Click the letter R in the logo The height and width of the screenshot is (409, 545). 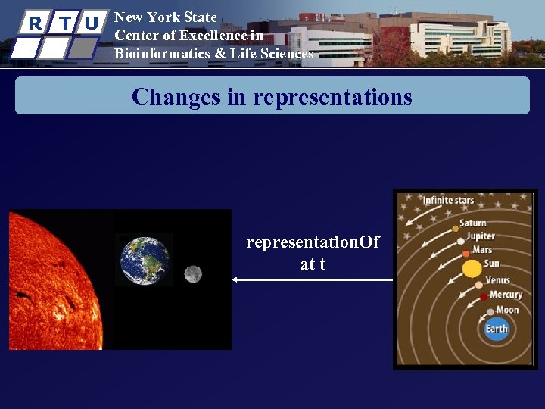pos(34,23)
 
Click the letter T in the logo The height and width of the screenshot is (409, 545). pos(64,23)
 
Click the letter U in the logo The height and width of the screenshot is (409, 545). pos(92,23)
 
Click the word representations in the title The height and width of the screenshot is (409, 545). pos(332,97)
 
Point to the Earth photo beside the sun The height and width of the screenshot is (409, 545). pos(145,260)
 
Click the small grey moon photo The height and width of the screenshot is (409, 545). pos(193,273)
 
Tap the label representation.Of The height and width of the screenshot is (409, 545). pos(313,242)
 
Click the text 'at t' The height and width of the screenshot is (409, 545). pos(313,264)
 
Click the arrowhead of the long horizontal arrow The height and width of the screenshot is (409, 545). pos(235,280)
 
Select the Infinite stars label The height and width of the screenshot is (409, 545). pos(448,201)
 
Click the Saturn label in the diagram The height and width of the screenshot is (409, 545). pos(473,223)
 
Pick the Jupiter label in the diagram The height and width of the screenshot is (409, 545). pos(481,236)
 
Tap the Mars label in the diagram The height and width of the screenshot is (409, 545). pos(482,249)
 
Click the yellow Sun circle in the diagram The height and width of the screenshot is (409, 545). pos(472,268)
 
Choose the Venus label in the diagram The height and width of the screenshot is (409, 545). pos(497,281)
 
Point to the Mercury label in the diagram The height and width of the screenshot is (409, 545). pos(506,295)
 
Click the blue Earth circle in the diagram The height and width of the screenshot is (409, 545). pos(497,328)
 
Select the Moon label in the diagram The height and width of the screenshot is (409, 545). pos(507,309)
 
